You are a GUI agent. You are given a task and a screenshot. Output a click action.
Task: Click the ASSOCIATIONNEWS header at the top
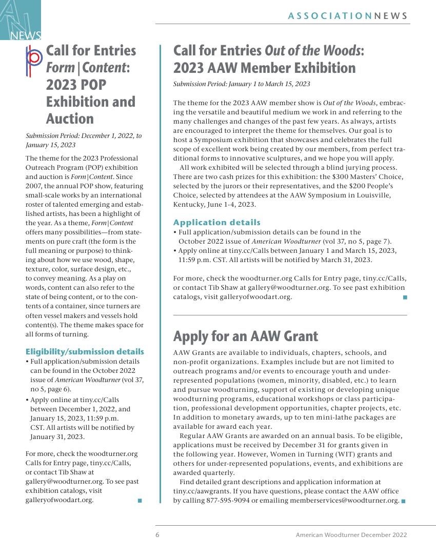coord(348,16)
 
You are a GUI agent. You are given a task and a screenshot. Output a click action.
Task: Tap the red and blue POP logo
coord(34,61)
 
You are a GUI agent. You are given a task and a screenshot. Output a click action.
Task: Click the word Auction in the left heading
coord(70,118)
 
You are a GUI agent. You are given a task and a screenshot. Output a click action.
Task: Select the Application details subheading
coord(216,222)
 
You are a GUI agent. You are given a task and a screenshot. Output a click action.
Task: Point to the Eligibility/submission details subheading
coord(85,351)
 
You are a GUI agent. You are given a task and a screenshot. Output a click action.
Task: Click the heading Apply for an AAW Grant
coord(245,336)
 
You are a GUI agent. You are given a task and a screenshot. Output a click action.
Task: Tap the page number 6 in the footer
coord(157,534)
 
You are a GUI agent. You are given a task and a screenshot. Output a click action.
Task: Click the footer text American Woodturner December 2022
coord(351,534)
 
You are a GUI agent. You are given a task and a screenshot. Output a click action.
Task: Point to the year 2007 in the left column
coord(34,185)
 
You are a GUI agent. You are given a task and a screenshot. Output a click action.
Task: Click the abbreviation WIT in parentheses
coord(335,454)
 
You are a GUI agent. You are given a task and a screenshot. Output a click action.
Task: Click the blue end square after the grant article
coord(403,501)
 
